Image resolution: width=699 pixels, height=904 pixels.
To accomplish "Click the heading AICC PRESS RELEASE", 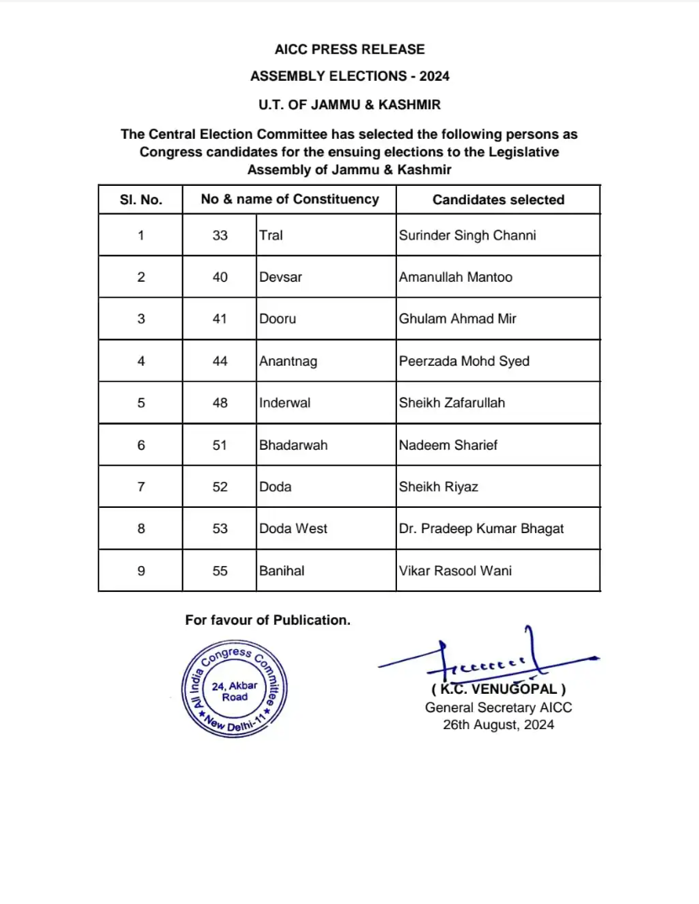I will [x=349, y=50].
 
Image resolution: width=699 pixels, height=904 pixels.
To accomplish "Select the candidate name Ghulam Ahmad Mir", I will [x=458, y=319].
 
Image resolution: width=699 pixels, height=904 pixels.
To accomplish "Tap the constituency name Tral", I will [x=271, y=235].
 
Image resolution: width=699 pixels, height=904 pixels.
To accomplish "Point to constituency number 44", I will [x=220, y=361].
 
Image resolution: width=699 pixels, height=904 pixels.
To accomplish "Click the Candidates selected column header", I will [x=498, y=200].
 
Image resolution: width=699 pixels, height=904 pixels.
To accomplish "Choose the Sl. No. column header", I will [x=140, y=200].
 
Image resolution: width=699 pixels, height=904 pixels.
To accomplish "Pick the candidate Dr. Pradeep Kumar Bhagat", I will [x=481, y=528].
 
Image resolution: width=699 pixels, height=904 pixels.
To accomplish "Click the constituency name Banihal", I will [x=282, y=570].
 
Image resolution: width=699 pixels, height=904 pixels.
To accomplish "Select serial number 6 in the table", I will [x=140, y=445].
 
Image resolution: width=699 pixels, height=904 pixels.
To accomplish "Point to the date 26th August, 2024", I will [x=498, y=724].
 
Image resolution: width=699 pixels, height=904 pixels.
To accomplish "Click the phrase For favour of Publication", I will [x=267, y=620].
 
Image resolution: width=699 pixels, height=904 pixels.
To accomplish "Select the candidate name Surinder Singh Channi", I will [x=467, y=235].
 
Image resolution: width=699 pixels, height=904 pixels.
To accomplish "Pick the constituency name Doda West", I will [x=293, y=528].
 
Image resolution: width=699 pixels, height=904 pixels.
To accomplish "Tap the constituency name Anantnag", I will [x=289, y=361].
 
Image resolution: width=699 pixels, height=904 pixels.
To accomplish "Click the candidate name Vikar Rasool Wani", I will [x=455, y=570].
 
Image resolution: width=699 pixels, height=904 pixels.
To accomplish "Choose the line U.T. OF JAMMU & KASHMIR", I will [x=349, y=105].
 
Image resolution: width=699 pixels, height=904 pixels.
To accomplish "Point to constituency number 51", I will [x=220, y=445].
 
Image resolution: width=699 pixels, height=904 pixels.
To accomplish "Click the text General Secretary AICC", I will [x=498, y=708].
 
